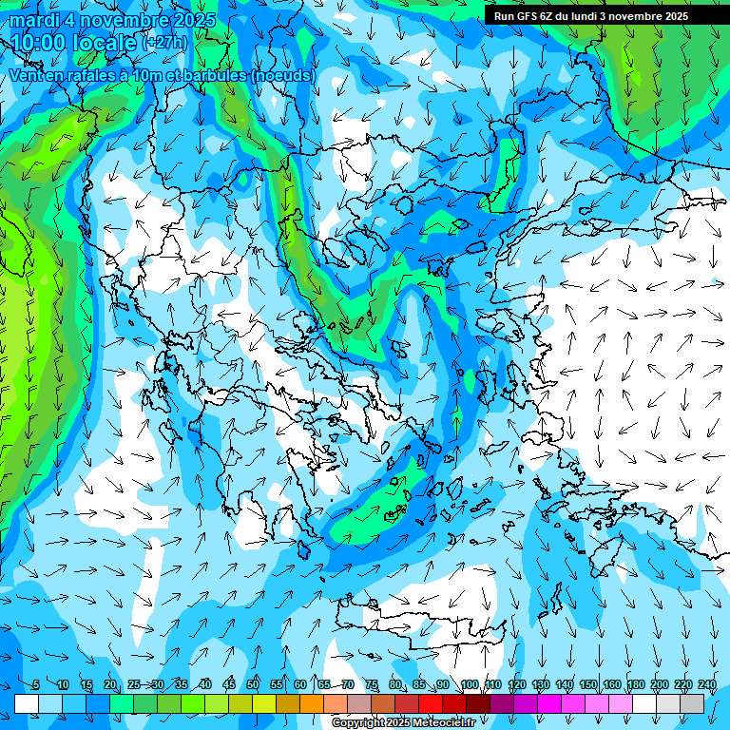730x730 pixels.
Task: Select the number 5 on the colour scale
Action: click(36, 684)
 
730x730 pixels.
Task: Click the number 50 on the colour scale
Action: click(253, 684)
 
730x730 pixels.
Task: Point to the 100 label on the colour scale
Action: click(469, 684)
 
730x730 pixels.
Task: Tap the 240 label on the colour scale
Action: click(706, 684)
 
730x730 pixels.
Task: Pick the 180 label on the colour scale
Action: click(635, 684)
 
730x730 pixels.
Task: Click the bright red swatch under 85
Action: click(431, 703)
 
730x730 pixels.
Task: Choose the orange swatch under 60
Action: click(312, 703)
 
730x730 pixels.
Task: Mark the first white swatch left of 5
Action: click(27, 703)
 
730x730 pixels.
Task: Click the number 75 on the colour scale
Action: click(372, 684)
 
